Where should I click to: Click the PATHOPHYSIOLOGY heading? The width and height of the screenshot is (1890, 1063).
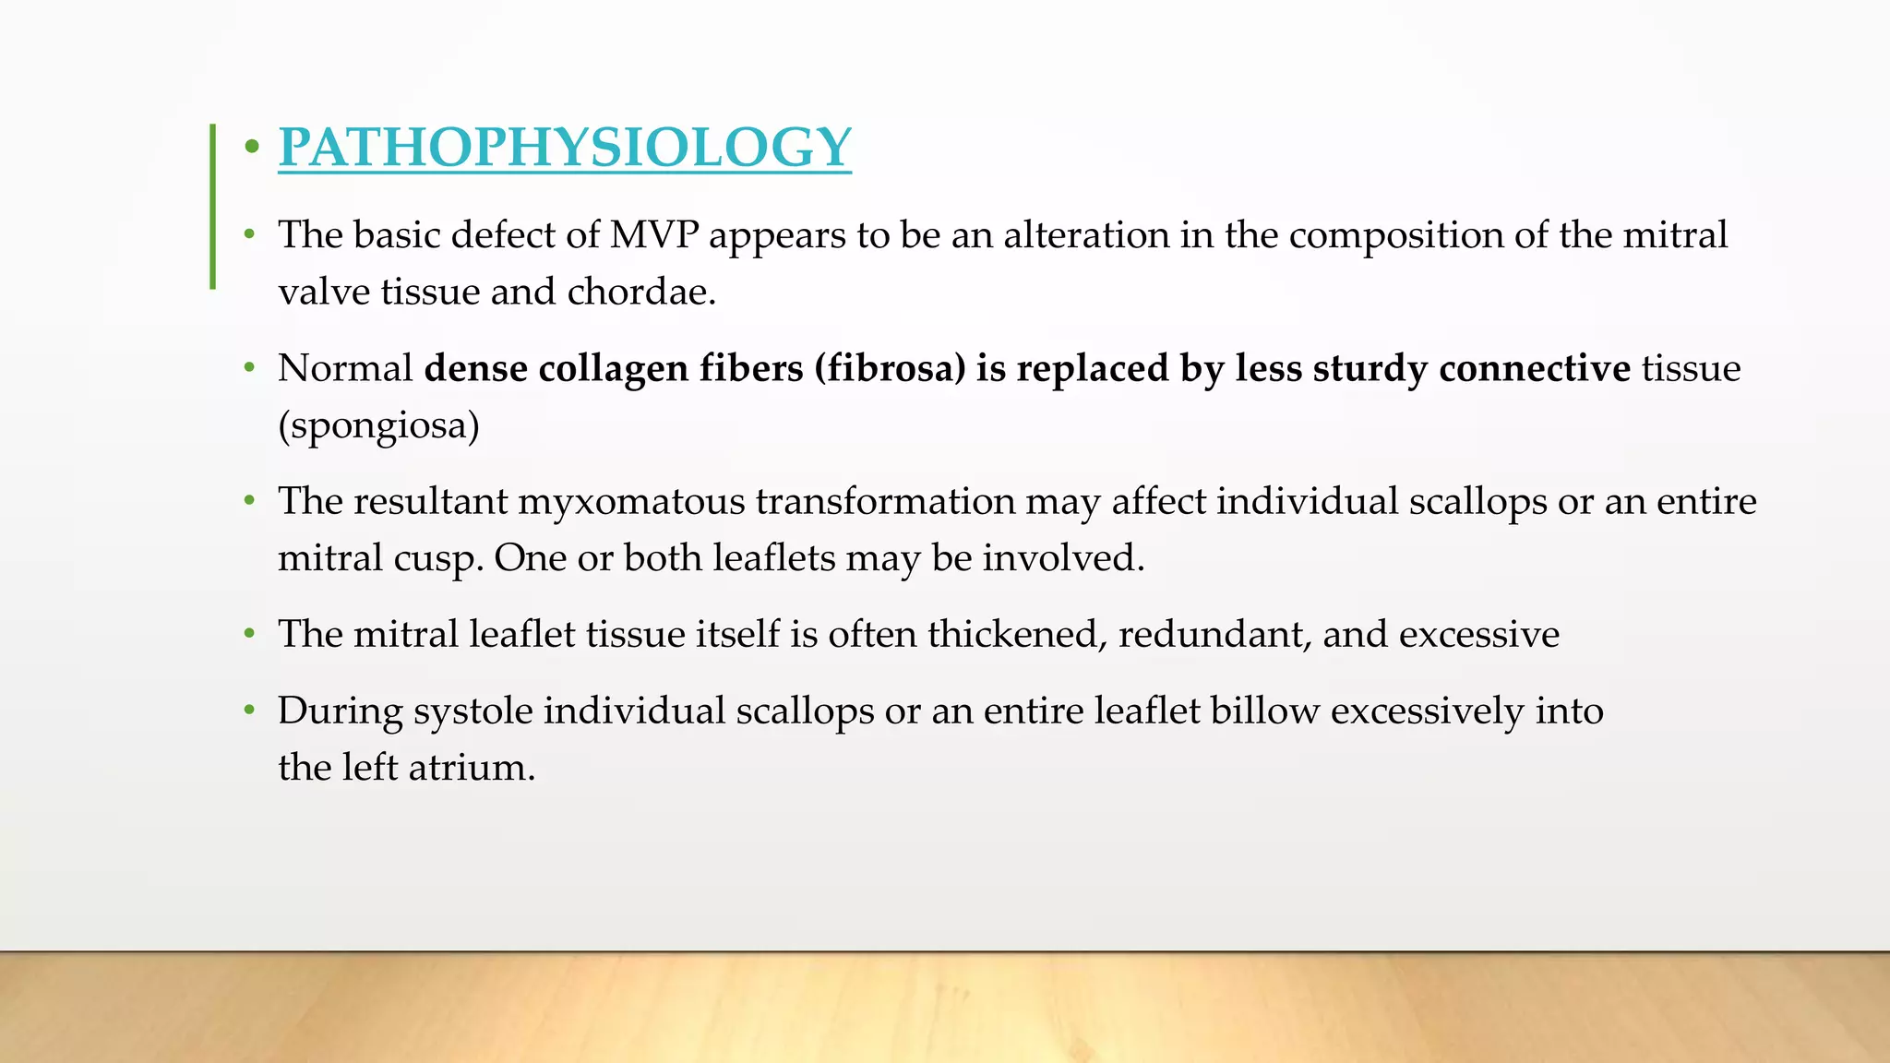pyautogui.click(x=564, y=148)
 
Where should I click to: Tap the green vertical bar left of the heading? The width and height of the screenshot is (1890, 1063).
pyautogui.click(x=213, y=207)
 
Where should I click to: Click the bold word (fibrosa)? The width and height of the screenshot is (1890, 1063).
pyautogui.click(x=890, y=369)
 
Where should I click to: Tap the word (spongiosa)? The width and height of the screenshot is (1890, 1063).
pyautogui.click(x=379, y=426)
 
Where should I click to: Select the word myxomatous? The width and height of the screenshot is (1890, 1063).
pyautogui.click(x=630, y=502)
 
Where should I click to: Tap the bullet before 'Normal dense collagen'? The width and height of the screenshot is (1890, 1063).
pyautogui.click(x=249, y=368)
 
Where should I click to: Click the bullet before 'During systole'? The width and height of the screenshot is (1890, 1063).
pyautogui.click(x=249, y=711)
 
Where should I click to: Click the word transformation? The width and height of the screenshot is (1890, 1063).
pyautogui.click(x=885, y=502)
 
